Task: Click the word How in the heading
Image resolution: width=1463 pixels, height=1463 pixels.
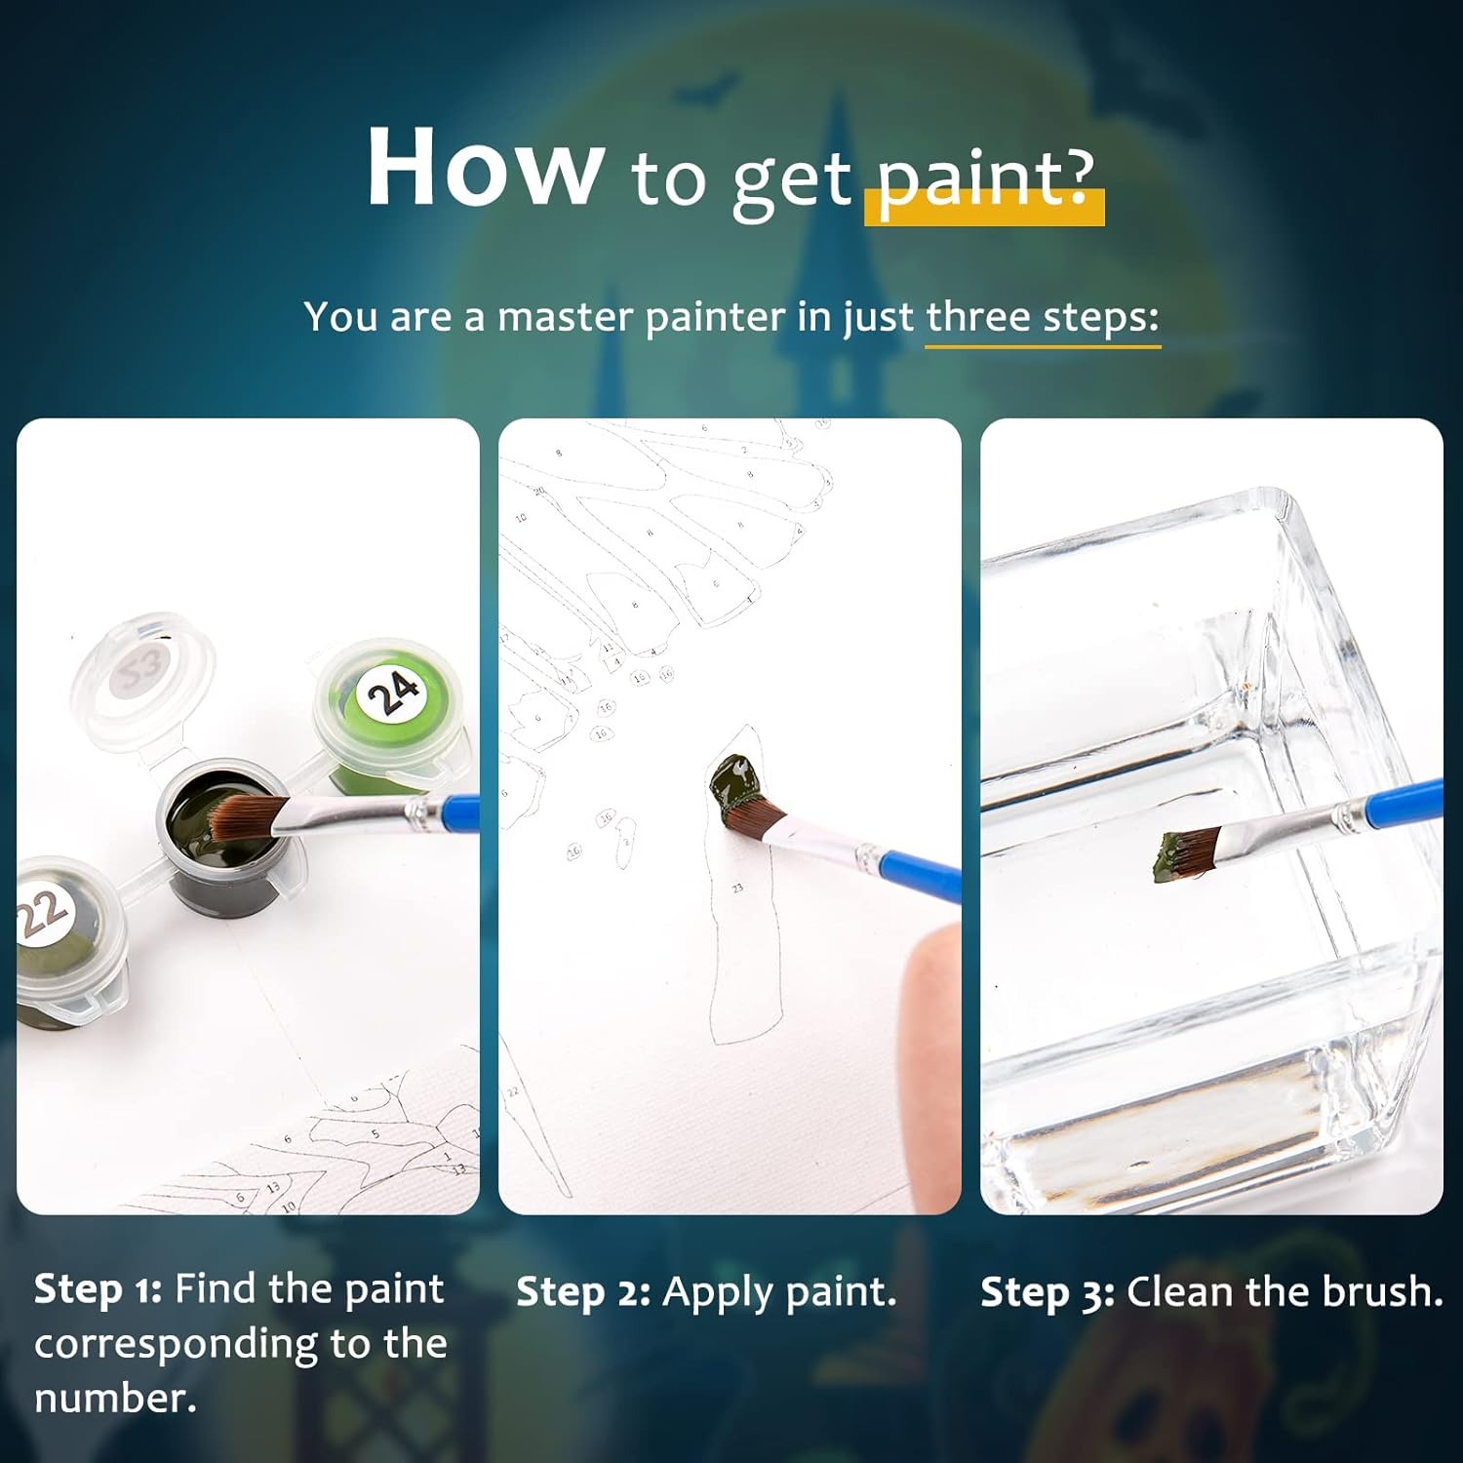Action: [485, 167]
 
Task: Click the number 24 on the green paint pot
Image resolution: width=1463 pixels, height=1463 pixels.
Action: [393, 692]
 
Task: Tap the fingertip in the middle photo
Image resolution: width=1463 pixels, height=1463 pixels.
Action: [930, 1014]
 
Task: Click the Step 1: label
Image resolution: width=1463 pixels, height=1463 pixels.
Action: [98, 1289]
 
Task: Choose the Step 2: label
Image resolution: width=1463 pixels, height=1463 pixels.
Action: [583, 1292]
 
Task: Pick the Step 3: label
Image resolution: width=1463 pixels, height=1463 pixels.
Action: [1048, 1292]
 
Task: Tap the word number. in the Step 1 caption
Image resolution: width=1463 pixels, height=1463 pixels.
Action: [115, 1398]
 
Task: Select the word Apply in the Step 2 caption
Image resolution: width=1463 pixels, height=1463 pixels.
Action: [718, 1293]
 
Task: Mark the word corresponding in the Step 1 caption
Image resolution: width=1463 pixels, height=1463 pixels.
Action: [177, 1345]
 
